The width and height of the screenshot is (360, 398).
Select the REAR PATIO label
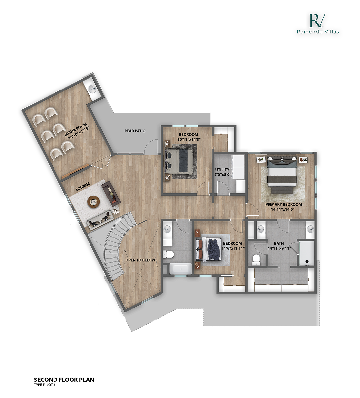tap(135, 131)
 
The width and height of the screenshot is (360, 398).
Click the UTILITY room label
tap(222, 170)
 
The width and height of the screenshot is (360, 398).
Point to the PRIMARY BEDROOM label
tap(283, 204)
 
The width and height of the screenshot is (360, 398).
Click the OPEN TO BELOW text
tap(140, 260)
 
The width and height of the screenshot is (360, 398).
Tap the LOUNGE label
tap(83, 187)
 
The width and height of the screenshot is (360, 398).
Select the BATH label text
tap(279, 243)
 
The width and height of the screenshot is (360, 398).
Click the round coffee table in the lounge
tap(93, 201)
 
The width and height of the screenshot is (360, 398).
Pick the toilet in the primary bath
tap(256, 260)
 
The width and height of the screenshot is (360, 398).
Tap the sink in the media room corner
tap(92, 89)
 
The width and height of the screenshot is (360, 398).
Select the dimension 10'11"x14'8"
tap(189, 139)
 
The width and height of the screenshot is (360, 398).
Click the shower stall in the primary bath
tap(306, 253)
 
